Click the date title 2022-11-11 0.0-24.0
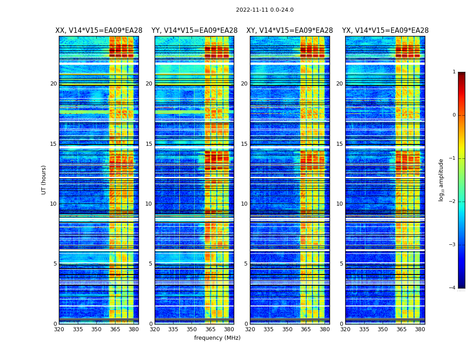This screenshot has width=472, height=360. tap(264, 10)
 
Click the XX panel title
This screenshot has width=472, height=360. tap(99, 31)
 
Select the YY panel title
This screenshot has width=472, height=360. tap(194, 31)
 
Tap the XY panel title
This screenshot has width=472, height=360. tap(289, 31)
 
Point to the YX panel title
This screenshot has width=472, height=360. tap(385, 31)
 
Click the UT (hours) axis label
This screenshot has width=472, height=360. tap(44, 180)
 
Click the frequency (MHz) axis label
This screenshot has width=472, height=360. tap(217, 338)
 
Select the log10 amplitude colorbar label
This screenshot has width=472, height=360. tap(441, 180)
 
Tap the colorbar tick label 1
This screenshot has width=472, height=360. tap(454, 72)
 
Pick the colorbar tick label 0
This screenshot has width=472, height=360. tap(454, 115)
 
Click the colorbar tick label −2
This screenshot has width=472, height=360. tap(453, 202)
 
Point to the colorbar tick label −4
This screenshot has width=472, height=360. tap(453, 288)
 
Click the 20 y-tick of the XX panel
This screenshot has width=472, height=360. tap(53, 84)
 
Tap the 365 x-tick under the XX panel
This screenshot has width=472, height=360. tap(115, 329)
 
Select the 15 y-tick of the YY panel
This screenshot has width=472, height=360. tap(149, 144)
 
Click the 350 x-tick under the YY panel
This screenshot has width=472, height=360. tap(192, 329)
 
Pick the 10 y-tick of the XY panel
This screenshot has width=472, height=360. tap(244, 204)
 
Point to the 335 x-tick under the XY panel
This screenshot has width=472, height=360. tap(269, 329)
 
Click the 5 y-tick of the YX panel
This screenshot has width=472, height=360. tap(341, 264)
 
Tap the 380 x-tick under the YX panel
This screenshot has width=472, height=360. tap(420, 329)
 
